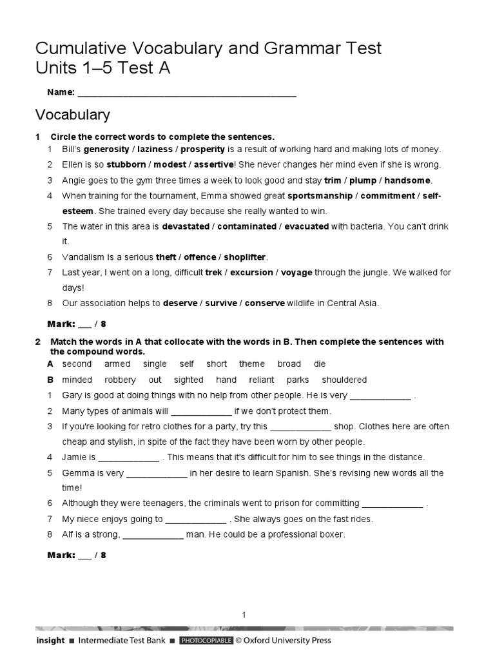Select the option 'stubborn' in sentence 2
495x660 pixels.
126,164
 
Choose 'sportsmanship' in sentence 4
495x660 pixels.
320,195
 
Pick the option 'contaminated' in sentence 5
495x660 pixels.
246,226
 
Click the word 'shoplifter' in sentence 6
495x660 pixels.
245,257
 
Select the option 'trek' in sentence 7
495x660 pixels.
213,272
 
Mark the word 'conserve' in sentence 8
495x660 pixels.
265,302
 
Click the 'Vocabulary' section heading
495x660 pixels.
72,115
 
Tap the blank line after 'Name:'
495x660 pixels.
186,92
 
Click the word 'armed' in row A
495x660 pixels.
117,364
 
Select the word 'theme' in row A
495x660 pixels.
251,364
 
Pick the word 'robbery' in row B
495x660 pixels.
120,380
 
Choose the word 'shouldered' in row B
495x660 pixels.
344,380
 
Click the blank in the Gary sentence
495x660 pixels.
380,396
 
